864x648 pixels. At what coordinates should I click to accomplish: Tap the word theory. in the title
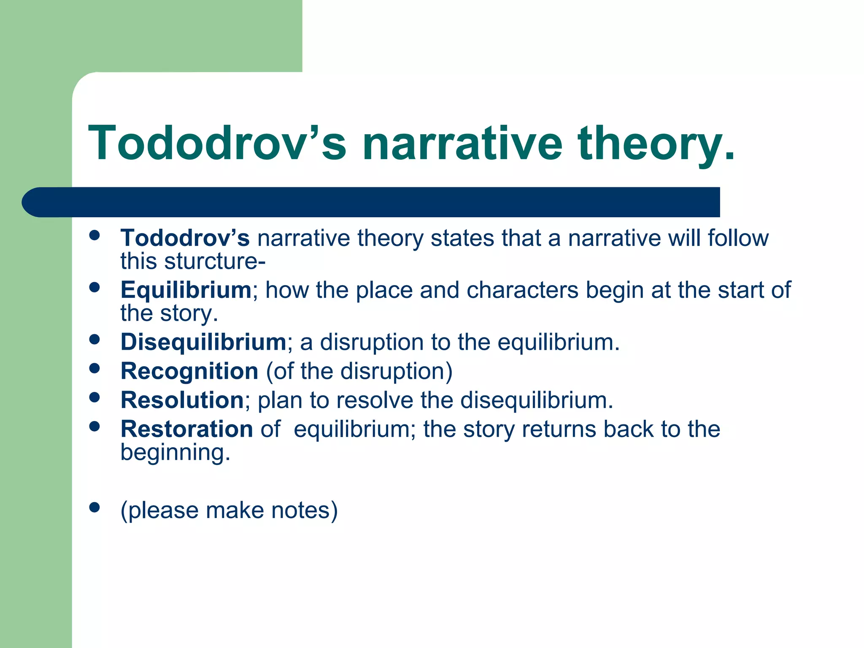(x=656, y=143)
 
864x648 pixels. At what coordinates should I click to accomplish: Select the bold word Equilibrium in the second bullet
(x=186, y=290)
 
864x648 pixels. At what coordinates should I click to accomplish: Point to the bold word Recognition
(x=189, y=371)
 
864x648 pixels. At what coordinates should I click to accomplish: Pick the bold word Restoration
(x=186, y=429)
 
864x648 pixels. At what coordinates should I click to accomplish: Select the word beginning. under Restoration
(x=175, y=453)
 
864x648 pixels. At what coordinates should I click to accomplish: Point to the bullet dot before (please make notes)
(x=94, y=507)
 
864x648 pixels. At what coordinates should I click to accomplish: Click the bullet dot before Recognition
(x=94, y=368)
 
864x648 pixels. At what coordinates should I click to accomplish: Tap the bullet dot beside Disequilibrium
(x=94, y=339)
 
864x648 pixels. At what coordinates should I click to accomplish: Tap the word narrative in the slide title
(x=462, y=143)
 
